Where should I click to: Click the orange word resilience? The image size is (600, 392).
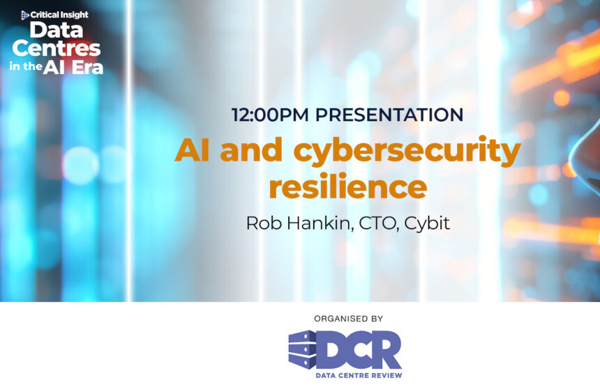347,187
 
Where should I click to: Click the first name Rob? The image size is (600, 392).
262,223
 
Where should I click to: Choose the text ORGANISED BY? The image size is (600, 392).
348,319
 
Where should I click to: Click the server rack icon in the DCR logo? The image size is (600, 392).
302,349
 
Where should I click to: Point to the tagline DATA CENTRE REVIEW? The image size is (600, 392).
359,375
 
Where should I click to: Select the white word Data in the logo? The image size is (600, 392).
57,31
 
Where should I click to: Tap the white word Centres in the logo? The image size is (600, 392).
57,49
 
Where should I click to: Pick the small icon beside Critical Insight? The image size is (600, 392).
26,14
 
